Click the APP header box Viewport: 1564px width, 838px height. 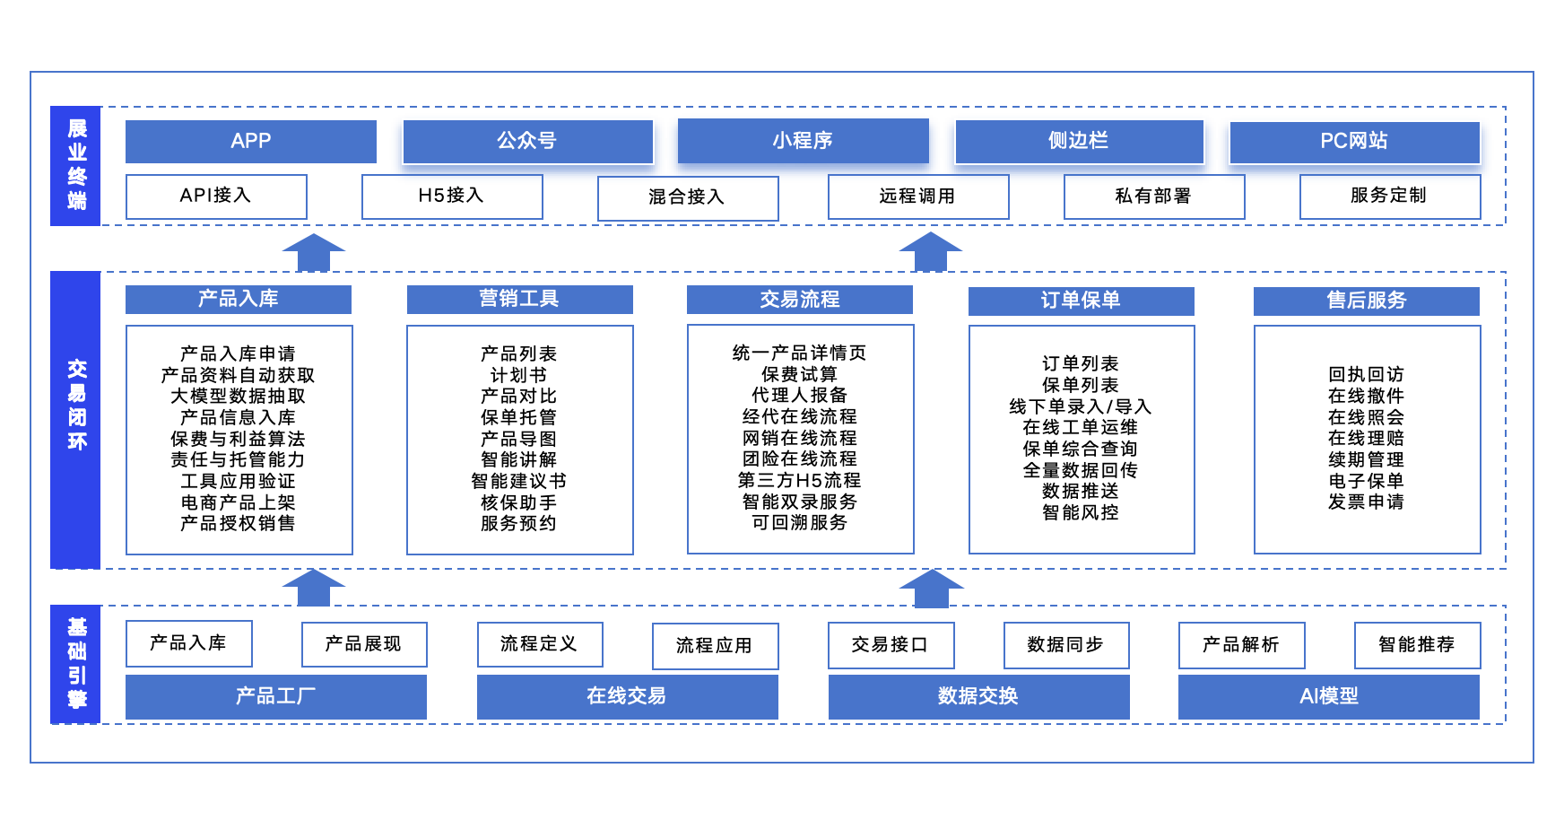pos(250,141)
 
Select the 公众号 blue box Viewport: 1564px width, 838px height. pos(527,141)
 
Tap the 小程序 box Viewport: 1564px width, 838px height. pos(803,141)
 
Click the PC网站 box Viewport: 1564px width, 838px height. pos(1353,141)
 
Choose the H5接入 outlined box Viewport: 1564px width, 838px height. pos(451,196)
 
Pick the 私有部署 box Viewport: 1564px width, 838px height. pos(1153,196)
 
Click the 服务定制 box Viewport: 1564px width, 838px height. pos(1389,196)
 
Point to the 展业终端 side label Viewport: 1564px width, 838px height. pos(76,165)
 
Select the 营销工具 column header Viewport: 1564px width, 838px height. pos(519,299)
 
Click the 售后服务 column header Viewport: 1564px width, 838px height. pos(1366,301)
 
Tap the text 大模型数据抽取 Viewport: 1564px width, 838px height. pos(239,396)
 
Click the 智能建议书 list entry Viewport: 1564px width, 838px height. pos(519,481)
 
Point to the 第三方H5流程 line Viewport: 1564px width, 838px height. pos(799,480)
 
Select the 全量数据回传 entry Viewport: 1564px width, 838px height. pos(1081,470)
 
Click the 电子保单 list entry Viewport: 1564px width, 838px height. pos(1366,481)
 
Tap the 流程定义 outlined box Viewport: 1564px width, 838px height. pos(539,644)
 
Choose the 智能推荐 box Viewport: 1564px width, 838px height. pos(1416,645)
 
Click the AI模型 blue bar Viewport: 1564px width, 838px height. pos(1328,696)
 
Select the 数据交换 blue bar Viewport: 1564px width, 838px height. pos(977,696)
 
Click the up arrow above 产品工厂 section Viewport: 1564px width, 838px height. pos(313,588)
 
